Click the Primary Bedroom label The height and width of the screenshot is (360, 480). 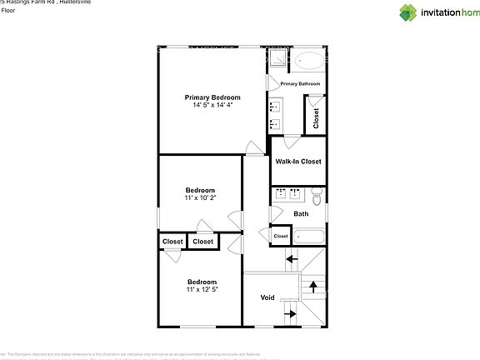[x=212, y=97]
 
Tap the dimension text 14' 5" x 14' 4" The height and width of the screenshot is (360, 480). [x=212, y=105]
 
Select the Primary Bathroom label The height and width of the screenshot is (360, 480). [x=301, y=84]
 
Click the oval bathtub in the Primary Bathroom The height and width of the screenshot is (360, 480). [x=308, y=61]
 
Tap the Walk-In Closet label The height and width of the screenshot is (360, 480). [x=297, y=162]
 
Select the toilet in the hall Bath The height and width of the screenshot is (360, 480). [x=316, y=196]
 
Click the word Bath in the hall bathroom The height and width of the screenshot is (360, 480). [x=301, y=214]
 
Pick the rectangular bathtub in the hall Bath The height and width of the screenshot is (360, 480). [x=307, y=236]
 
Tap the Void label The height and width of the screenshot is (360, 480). [x=267, y=297]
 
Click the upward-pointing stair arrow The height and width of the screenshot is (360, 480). [x=313, y=287]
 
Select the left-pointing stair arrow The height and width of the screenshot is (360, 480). [x=291, y=259]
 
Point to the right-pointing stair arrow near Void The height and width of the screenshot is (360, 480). [x=290, y=313]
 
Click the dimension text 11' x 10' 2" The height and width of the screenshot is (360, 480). [x=200, y=197]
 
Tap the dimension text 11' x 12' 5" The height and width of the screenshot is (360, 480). [x=202, y=289]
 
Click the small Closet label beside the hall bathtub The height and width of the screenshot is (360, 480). [x=281, y=236]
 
